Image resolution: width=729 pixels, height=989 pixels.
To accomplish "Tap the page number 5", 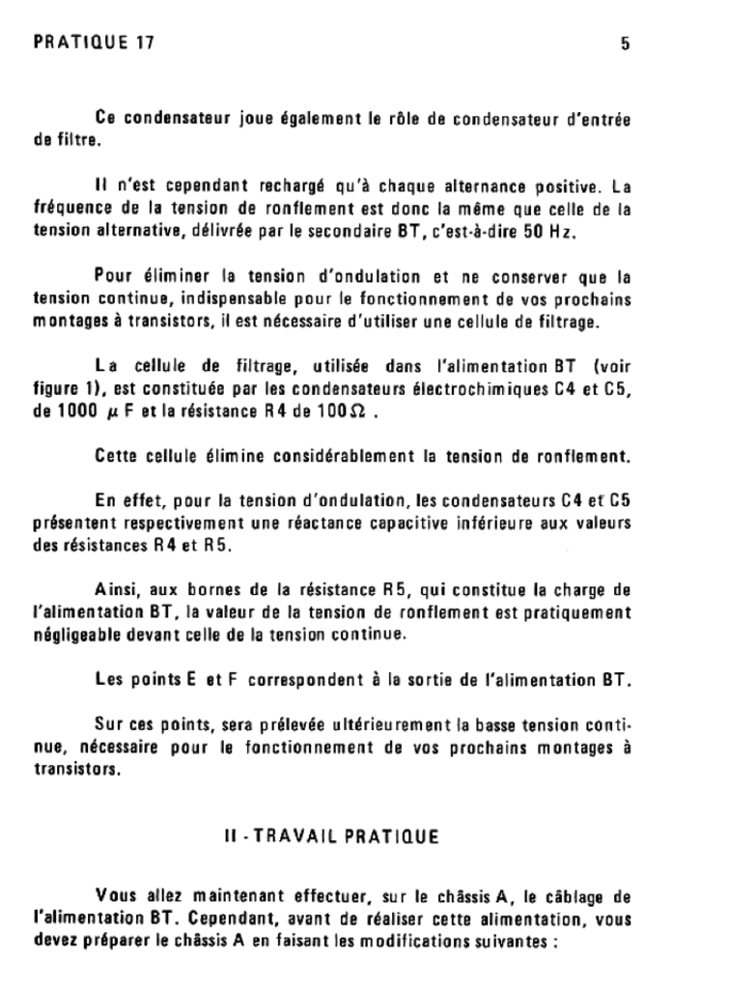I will (625, 43).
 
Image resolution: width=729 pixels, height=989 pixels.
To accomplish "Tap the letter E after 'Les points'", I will (191, 680).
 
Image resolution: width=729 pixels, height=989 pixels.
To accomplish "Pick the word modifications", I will (437, 935).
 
